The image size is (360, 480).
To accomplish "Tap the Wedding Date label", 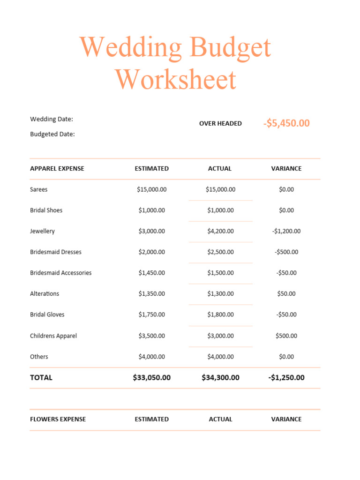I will coord(52,119).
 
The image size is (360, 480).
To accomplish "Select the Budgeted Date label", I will coord(52,134).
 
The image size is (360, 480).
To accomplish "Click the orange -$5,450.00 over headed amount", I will coord(286,123).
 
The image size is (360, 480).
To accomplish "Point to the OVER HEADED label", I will coord(220,123).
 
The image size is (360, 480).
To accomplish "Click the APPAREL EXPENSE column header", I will coord(57,169).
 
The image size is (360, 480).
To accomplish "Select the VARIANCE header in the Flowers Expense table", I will coord(286,419).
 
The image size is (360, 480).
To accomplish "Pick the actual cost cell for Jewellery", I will coord(220,231).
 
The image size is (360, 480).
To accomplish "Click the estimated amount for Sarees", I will coord(151,189).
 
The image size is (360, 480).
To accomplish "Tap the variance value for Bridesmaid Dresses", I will coord(286,252).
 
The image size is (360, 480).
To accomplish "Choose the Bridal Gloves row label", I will coord(47,315).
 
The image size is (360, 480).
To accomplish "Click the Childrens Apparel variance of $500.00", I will coord(286,336).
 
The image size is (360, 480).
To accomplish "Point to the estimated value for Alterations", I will coord(151,293).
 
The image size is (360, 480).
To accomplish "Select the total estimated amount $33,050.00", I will coord(151,377).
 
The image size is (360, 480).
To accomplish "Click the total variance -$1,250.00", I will coord(286,377).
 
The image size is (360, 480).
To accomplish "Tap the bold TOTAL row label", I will coord(41,377).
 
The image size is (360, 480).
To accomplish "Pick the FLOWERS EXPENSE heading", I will coord(58,419).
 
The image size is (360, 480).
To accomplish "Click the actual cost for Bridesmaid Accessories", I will coord(220,273).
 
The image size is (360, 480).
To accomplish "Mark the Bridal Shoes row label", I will coord(46,210).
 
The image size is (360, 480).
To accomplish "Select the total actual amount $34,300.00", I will coord(220,377).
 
